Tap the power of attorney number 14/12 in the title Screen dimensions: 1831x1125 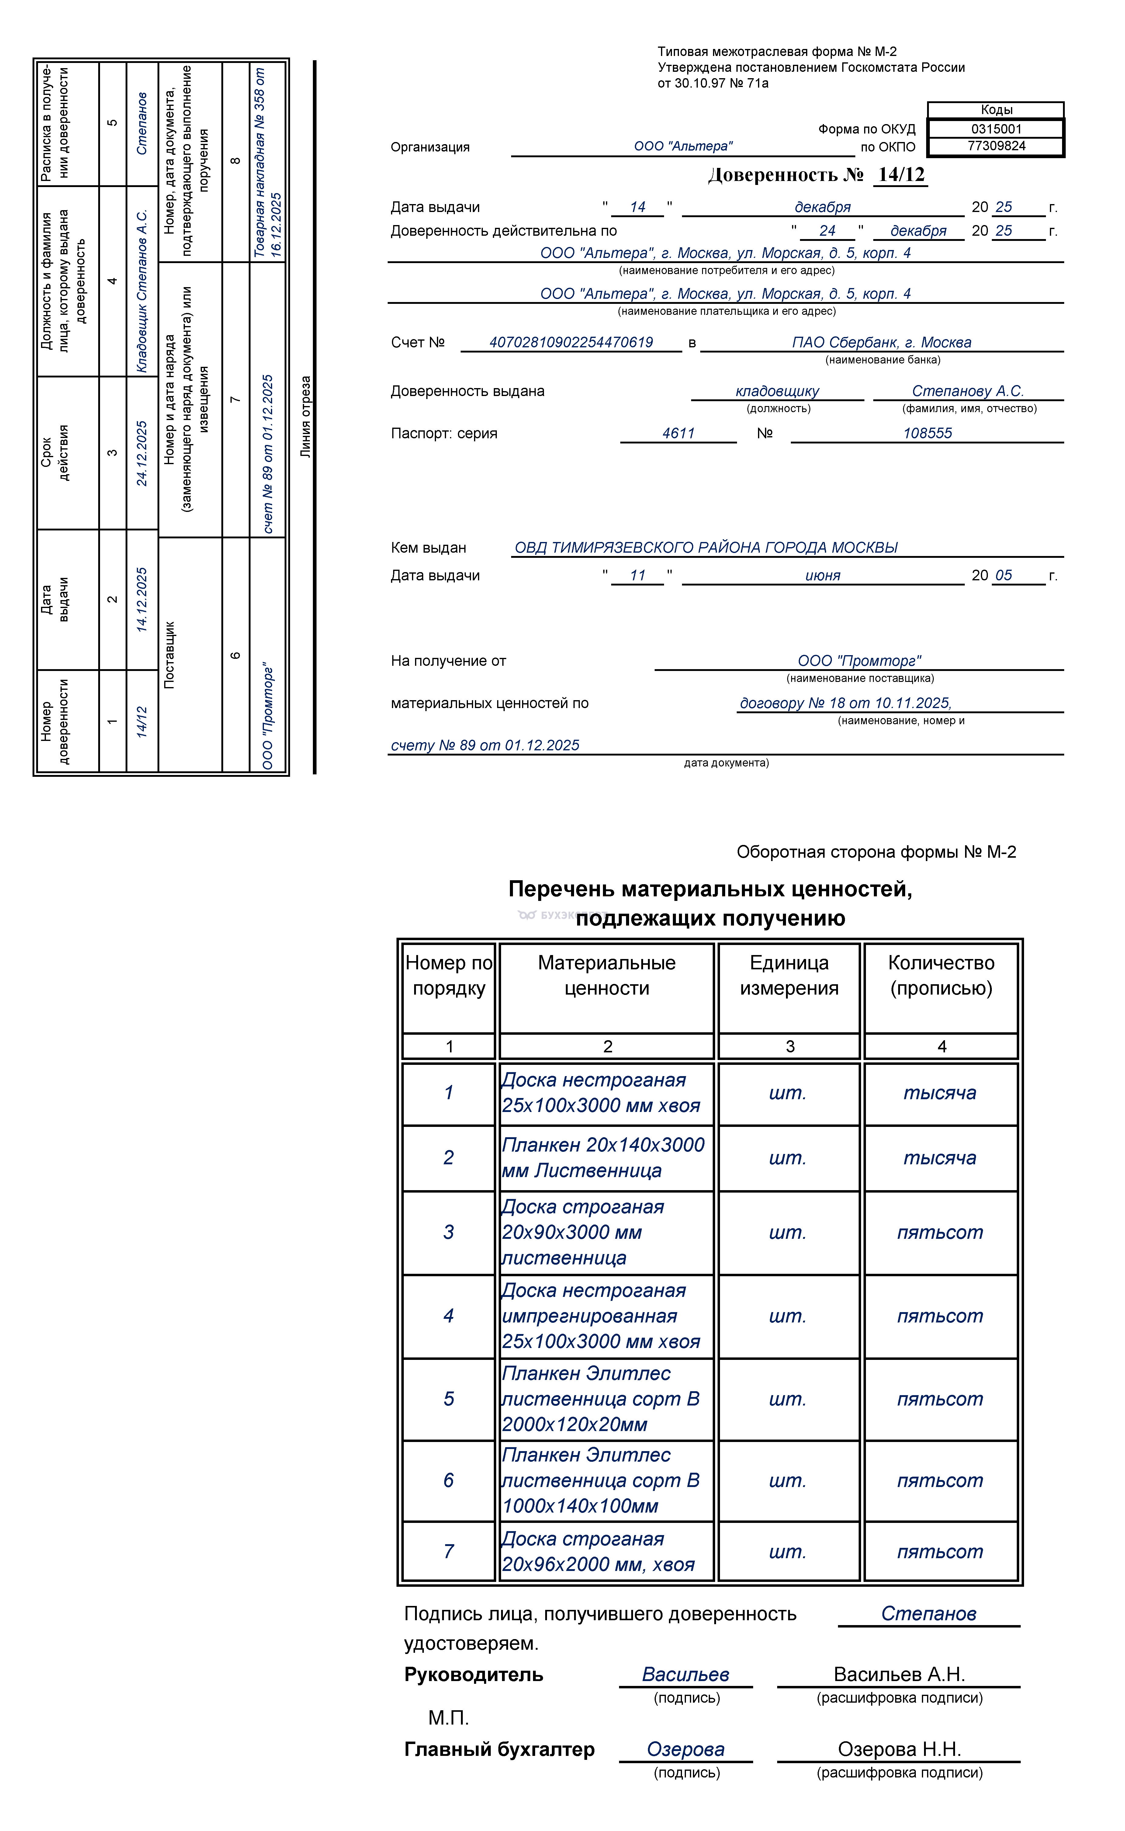[x=901, y=175]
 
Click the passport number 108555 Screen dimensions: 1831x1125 [x=927, y=433]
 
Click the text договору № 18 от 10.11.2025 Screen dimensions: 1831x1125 [x=845, y=704]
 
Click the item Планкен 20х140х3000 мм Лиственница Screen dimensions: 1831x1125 [x=603, y=1157]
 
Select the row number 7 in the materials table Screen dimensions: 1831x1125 [x=449, y=1551]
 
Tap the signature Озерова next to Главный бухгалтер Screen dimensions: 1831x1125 [x=685, y=1749]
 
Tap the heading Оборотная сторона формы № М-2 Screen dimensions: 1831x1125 [x=876, y=852]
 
